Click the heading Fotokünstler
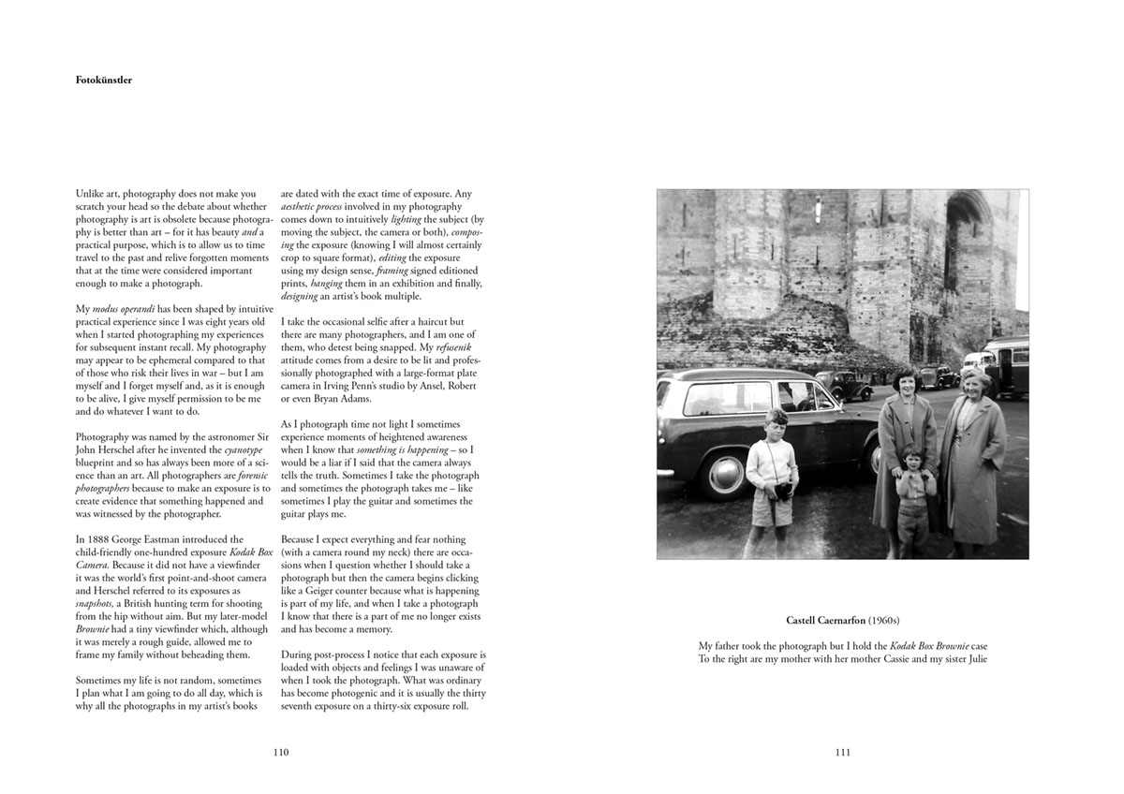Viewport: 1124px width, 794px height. (103, 81)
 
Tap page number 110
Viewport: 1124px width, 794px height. (280, 752)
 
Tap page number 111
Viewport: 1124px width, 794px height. (842, 752)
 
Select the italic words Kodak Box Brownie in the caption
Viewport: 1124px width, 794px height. (930, 646)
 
